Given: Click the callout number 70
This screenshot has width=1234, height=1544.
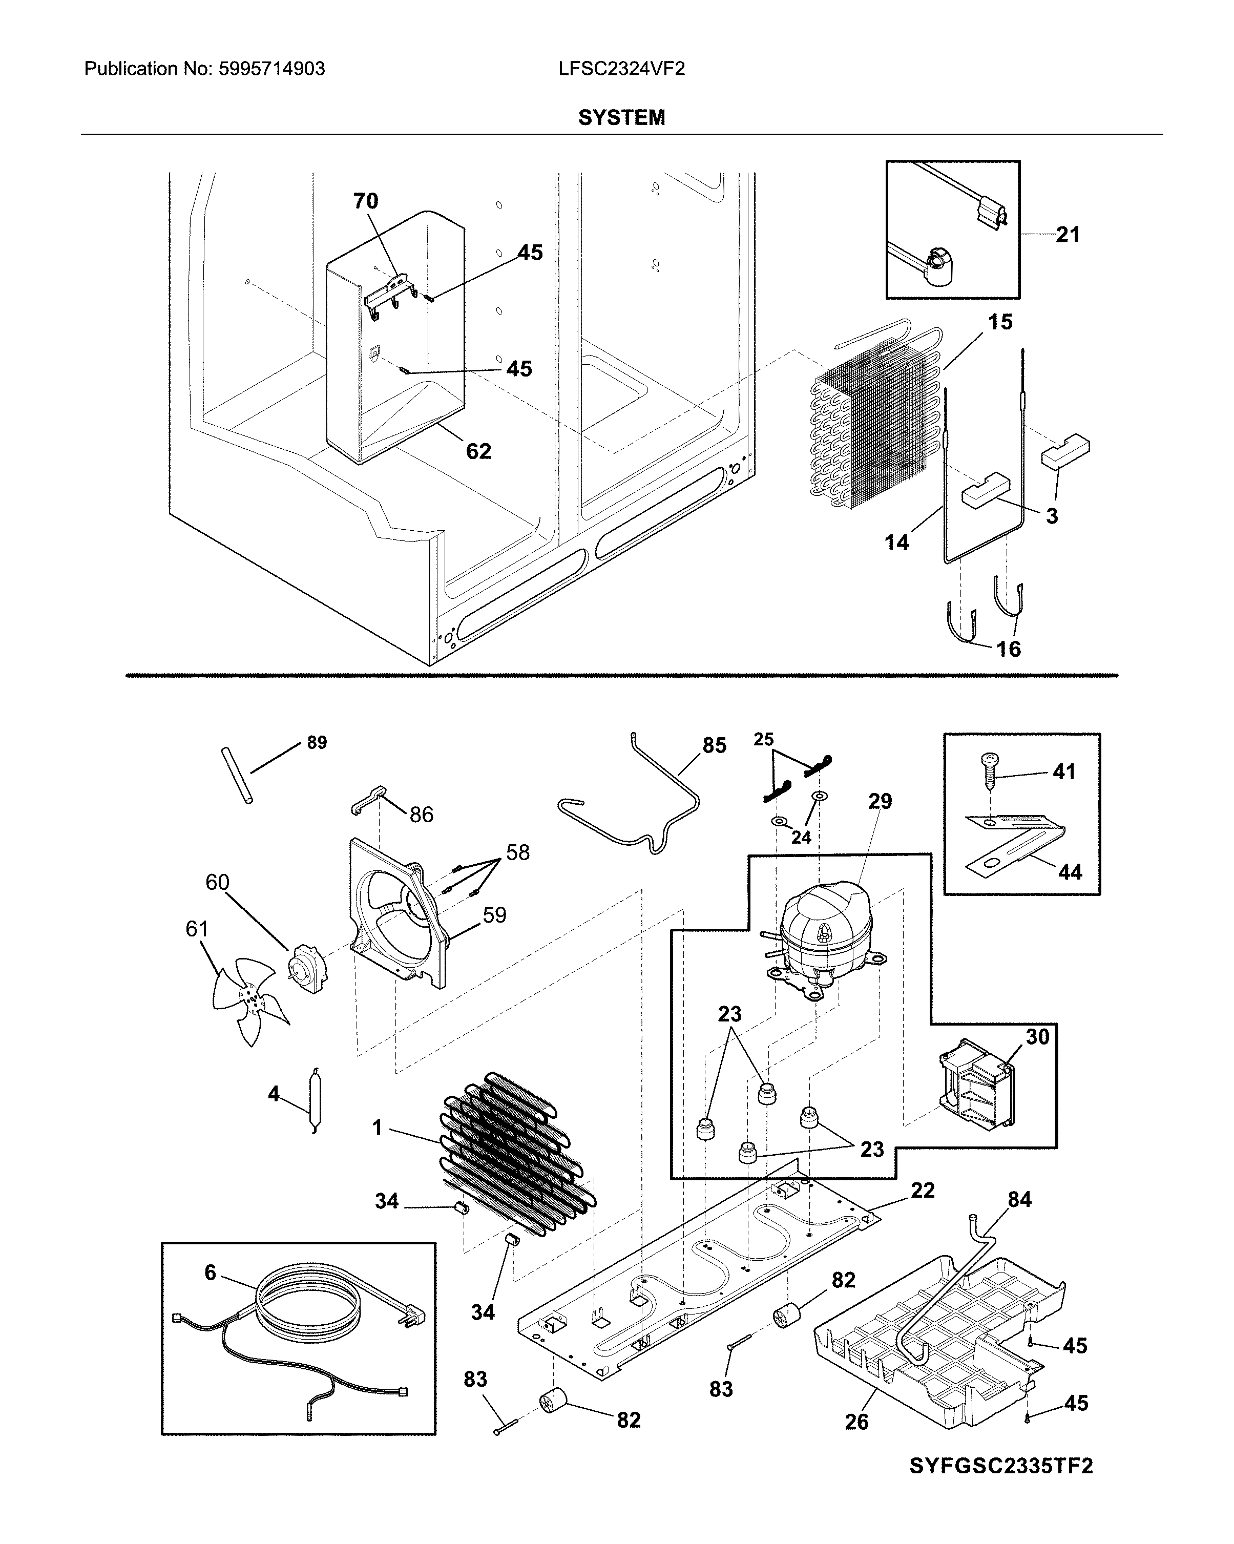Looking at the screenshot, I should tap(365, 201).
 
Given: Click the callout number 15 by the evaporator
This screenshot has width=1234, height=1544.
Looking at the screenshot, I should tap(1000, 322).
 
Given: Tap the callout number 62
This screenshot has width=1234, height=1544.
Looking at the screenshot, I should tap(478, 451).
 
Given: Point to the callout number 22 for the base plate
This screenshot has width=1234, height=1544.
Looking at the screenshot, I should tap(923, 1190).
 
